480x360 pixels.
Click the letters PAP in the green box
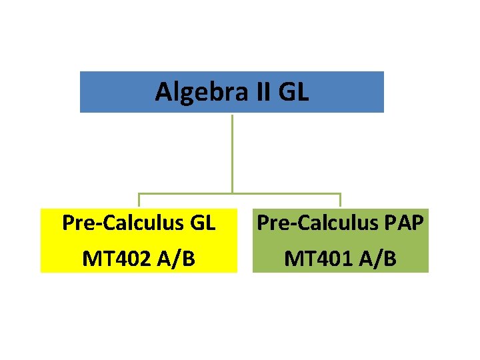point(401,223)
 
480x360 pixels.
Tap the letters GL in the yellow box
point(201,223)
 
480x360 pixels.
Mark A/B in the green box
point(374,257)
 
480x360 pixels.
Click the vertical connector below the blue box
point(232,153)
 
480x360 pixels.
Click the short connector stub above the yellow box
point(139,200)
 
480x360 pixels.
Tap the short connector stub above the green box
point(340,200)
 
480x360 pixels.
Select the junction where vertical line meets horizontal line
point(232,194)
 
